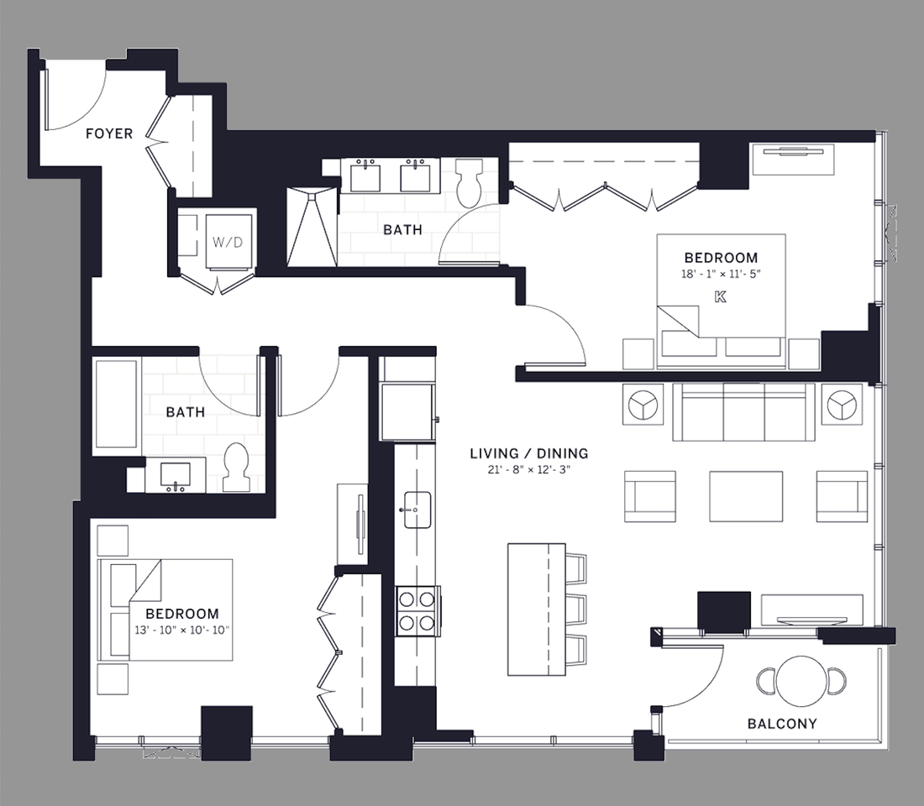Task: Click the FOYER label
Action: (109, 133)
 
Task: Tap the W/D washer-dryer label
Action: (228, 242)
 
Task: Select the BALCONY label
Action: (782, 724)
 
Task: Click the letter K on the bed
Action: (720, 297)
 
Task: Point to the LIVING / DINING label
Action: (529, 453)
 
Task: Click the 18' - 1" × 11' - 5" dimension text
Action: (722, 274)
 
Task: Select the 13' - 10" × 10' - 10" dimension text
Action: (182, 630)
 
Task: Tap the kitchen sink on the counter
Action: (416, 510)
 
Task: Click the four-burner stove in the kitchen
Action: (417, 611)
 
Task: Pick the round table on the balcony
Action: (802, 681)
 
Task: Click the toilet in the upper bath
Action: (470, 182)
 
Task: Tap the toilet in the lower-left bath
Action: (237, 466)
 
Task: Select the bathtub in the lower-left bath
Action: (117, 406)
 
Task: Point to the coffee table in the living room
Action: (746, 496)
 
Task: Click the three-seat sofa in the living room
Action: (743, 412)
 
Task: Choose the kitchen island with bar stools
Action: (537, 610)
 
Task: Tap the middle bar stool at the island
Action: (575, 610)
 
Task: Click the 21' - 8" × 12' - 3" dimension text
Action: (529, 469)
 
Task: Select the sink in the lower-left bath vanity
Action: (176, 476)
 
